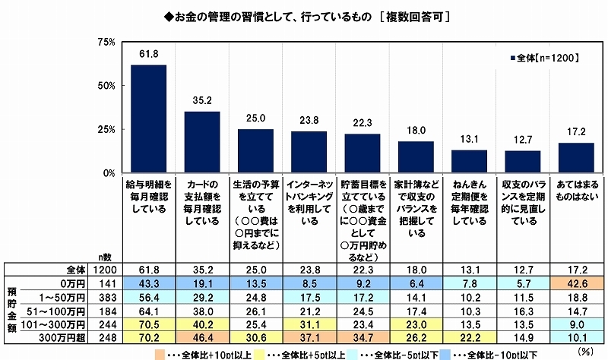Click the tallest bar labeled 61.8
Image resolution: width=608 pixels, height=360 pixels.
point(148,119)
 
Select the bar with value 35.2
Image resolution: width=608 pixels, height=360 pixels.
point(202,143)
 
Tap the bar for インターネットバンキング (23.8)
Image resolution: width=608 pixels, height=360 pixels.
point(309,153)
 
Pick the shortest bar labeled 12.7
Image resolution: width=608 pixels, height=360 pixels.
point(522,162)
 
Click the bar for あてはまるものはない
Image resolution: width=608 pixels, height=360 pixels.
point(575,158)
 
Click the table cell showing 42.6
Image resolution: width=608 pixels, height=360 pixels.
point(575,282)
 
